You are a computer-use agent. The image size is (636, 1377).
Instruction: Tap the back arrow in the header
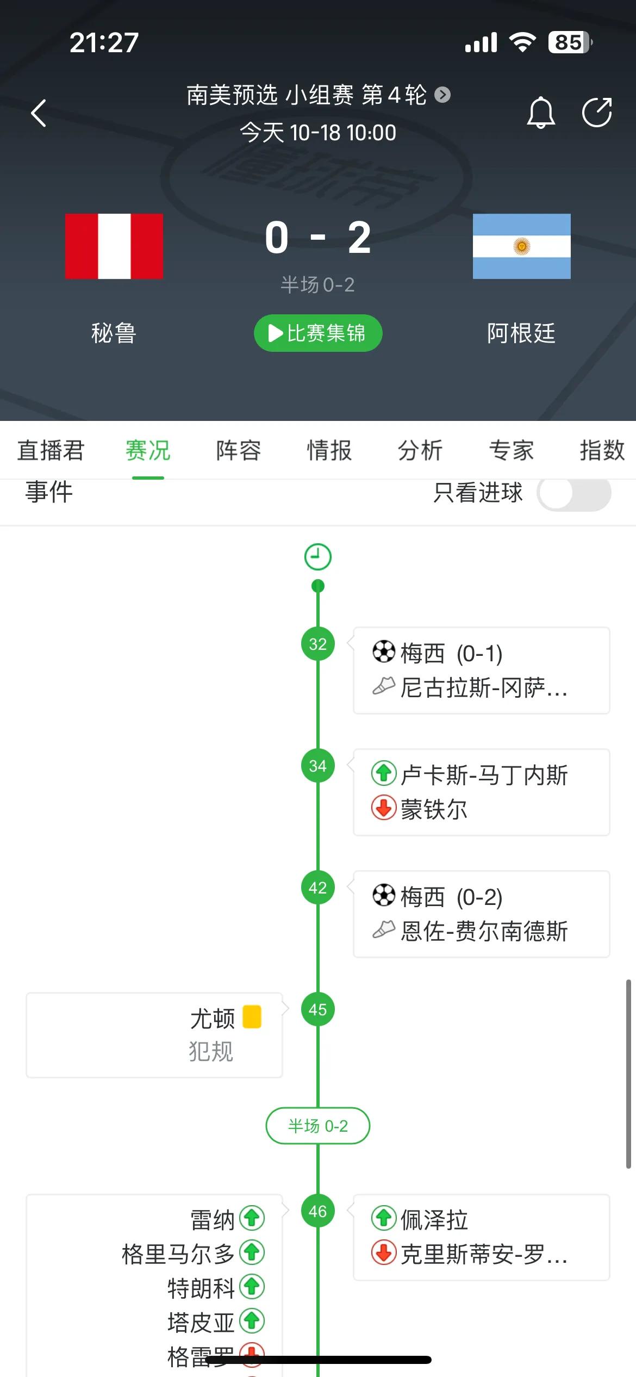(x=39, y=113)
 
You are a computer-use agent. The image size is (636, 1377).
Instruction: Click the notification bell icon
(x=541, y=113)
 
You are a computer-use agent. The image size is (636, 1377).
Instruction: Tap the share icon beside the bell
(x=597, y=113)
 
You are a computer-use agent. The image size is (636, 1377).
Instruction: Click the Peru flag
(x=114, y=246)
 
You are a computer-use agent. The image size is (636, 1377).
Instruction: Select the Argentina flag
(x=521, y=246)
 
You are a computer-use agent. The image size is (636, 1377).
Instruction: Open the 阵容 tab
(x=239, y=450)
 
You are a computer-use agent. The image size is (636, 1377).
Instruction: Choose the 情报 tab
(x=329, y=450)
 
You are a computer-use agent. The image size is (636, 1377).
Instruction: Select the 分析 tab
(x=420, y=450)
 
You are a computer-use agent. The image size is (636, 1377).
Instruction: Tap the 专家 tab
(x=511, y=450)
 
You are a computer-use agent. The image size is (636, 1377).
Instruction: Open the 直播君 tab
(x=51, y=450)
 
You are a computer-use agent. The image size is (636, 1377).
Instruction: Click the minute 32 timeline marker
(x=318, y=644)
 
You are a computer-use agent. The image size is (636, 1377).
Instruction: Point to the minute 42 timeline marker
(x=318, y=888)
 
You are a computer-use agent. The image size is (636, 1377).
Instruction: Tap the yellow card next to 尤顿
(x=252, y=1016)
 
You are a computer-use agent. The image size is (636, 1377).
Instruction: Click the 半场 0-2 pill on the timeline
(x=318, y=1126)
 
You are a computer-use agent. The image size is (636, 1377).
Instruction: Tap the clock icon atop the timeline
(x=318, y=557)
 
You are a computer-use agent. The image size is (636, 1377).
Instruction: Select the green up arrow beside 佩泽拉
(x=384, y=1218)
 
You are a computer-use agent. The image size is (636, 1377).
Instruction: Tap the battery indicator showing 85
(x=570, y=42)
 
